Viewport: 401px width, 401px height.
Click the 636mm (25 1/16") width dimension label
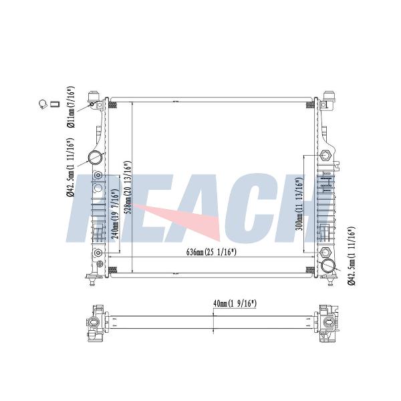[211, 252]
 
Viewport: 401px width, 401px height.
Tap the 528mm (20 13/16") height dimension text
[128, 187]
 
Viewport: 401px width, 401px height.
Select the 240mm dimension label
[116, 214]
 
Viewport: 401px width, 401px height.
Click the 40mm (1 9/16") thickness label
[235, 303]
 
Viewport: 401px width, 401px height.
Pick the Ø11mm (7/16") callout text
[71, 107]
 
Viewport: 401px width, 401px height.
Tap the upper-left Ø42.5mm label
[70, 167]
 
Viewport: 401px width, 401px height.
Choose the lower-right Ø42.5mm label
[352, 256]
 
